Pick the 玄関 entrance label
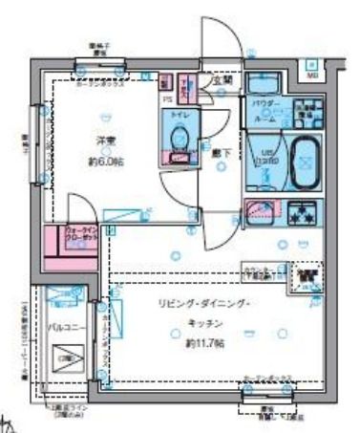point(222,82)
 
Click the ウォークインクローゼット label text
point(81,232)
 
